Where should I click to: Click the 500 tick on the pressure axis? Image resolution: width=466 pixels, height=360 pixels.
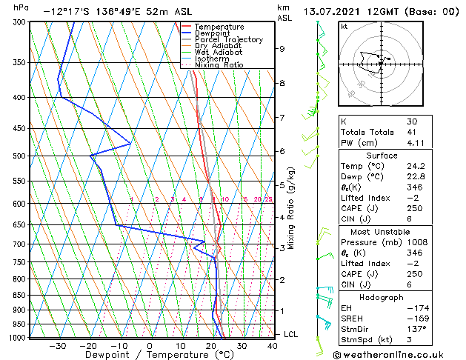(x=21, y=156)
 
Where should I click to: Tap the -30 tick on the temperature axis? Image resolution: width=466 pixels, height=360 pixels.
(x=57, y=345)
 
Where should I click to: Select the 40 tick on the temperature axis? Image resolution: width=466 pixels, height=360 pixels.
(x=273, y=345)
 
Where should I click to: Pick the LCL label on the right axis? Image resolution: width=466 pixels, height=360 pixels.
(x=291, y=335)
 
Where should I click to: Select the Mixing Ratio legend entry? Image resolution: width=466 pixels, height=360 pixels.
(x=219, y=65)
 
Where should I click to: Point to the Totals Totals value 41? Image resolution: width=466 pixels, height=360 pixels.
(x=412, y=132)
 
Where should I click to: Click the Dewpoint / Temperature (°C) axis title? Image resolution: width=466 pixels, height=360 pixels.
(x=148, y=355)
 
